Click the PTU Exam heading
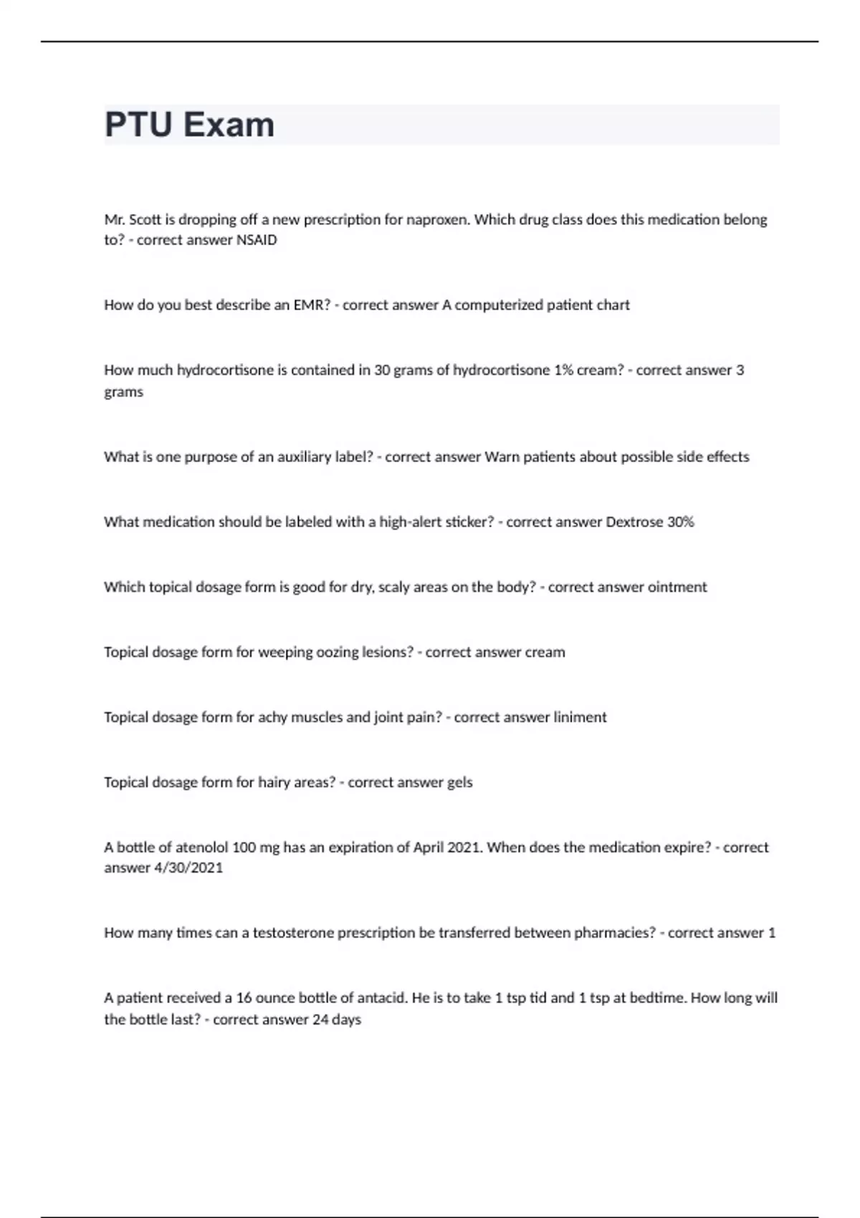click(189, 125)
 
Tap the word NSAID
click(257, 240)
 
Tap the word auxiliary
click(295, 457)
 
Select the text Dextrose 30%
click(650, 522)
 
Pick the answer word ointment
click(677, 588)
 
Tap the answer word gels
click(459, 782)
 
